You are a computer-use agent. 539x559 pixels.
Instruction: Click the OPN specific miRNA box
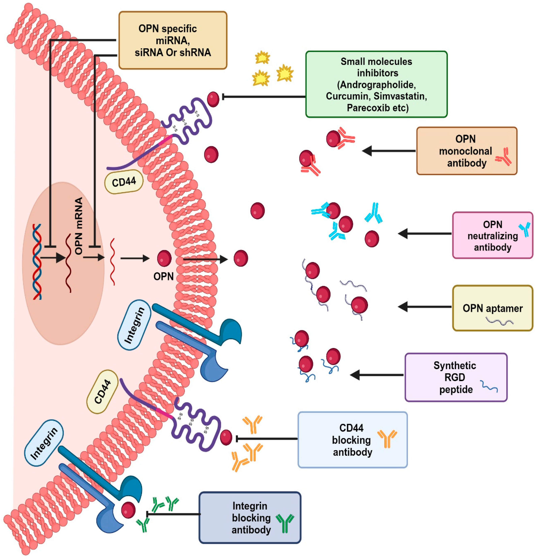point(173,40)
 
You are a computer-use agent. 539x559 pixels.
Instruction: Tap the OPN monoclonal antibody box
point(467,151)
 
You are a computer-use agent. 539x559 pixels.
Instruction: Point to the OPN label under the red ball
point(163,276)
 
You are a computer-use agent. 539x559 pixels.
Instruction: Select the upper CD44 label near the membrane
point(124,182)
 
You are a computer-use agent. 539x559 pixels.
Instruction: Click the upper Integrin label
point(134,325)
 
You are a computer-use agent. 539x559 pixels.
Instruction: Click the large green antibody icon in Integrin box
point(285,523)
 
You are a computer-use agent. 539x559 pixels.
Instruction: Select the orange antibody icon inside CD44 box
point(387,438)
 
